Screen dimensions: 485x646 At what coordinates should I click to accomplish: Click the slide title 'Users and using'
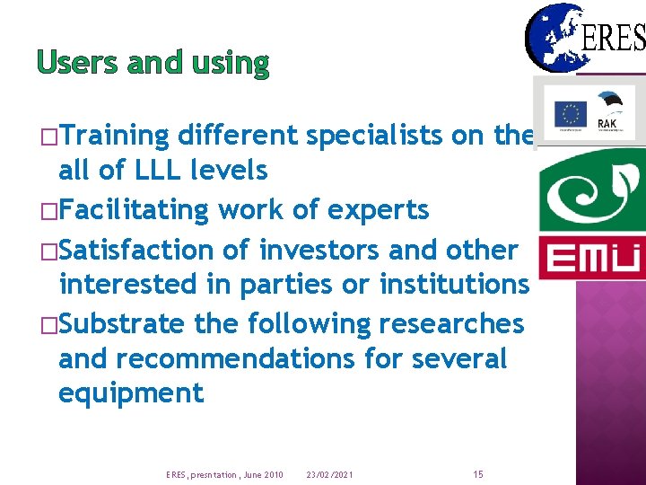153,62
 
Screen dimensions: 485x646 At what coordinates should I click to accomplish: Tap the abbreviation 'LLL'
161,169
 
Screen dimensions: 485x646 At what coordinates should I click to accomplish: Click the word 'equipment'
131,392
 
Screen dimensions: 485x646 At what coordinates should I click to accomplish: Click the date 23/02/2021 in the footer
330,474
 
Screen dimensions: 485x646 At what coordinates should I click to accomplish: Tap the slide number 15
477,473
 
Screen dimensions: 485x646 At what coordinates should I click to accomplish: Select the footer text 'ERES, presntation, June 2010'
224,474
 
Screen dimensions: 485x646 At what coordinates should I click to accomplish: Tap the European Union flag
570,113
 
